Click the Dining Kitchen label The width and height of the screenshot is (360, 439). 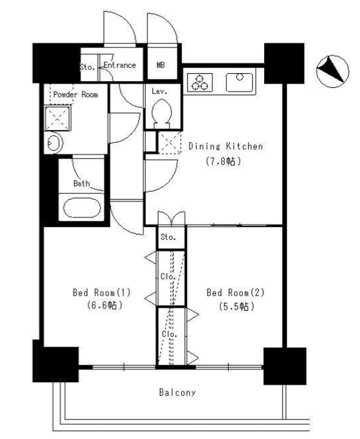click(225, 147)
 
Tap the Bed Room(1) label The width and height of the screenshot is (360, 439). click(101, 292)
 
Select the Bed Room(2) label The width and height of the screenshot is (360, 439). click(236, 292)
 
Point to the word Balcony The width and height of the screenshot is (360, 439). click(178, 393)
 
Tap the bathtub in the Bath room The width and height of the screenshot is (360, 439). click(82, 208)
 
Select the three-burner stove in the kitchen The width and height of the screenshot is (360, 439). click(200, 82)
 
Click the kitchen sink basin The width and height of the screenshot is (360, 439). click(239, 82)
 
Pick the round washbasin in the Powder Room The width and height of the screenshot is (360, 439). click(54, 143)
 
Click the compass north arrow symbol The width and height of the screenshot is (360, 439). click(333, 71)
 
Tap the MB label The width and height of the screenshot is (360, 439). click(160, 65)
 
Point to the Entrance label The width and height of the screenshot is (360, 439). click(120, 65)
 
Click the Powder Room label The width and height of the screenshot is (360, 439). click(76, 95)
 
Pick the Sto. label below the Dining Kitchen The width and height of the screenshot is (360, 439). click(168, 237)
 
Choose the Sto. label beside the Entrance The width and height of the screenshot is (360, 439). click(87, 67)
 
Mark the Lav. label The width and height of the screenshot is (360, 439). click(159, 91)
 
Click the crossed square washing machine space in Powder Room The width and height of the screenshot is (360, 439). click(57, 118)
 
